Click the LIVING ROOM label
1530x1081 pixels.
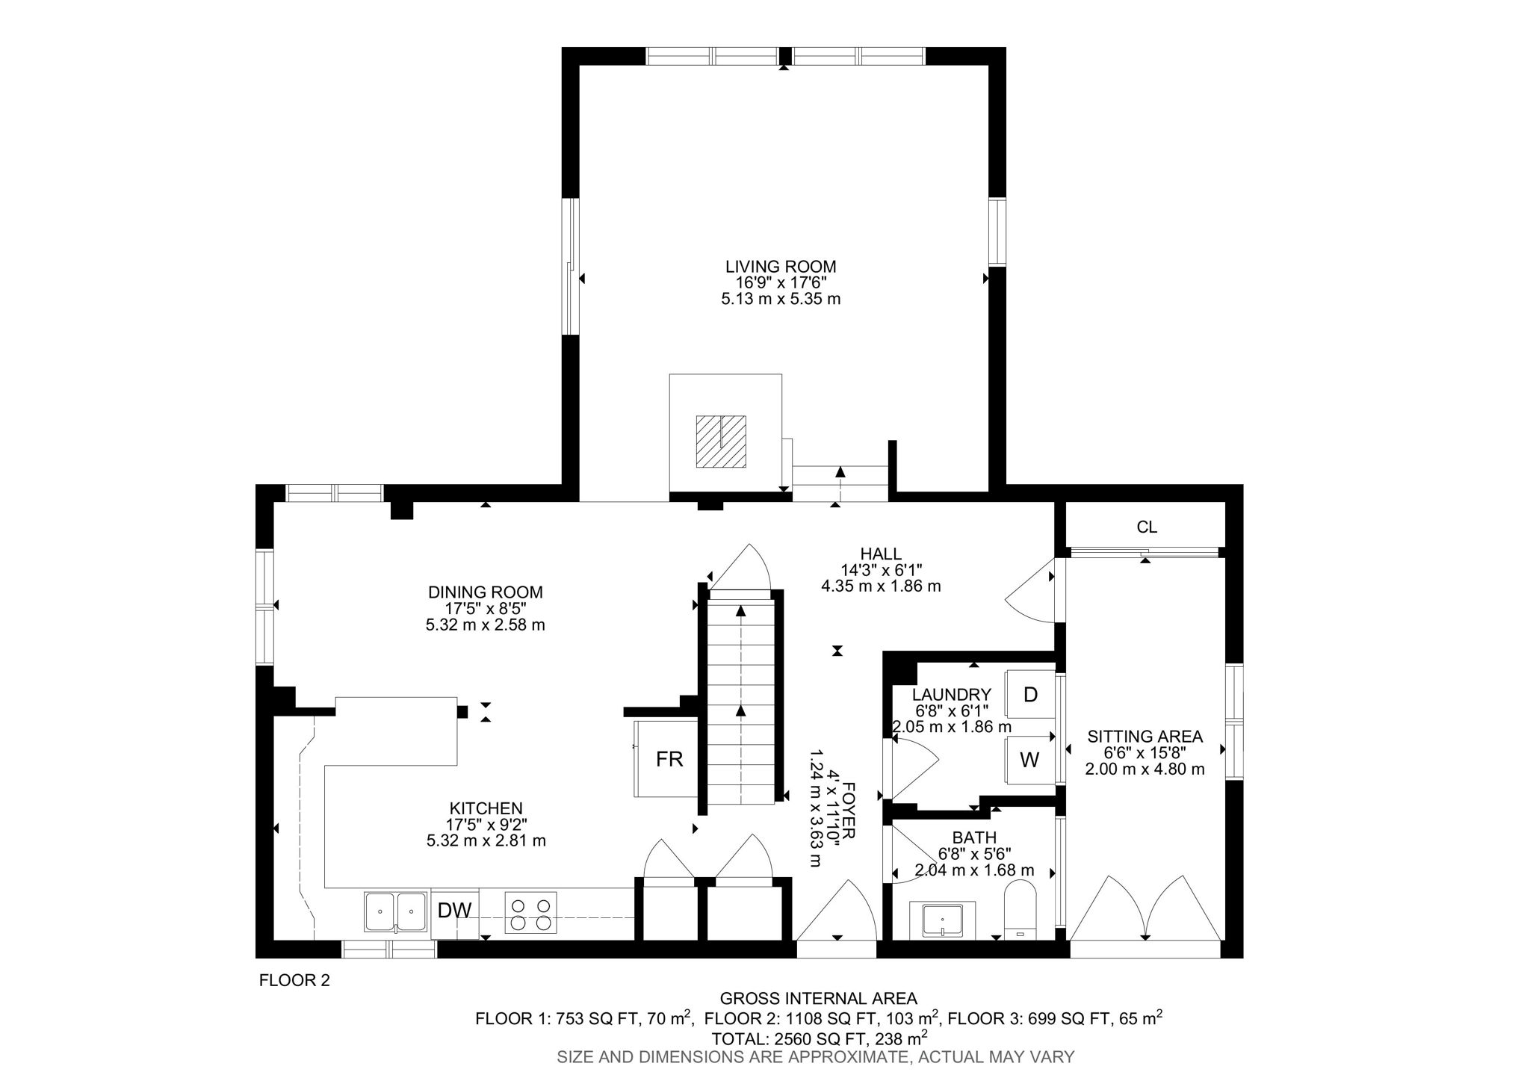coord(780,267)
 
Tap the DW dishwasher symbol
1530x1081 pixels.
coord(454,911)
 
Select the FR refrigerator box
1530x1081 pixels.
coord(669,760)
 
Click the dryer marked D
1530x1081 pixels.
coord(1030,695)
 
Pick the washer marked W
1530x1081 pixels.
coord(1029,761)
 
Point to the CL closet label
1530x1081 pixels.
coord(1147,527)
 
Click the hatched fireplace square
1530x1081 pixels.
coord(721,442)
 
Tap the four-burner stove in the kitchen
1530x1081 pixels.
coord(530,913)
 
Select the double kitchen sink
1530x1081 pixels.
coord(396,911)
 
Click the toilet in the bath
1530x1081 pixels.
coord(1019,910)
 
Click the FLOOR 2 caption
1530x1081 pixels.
coord(294,981)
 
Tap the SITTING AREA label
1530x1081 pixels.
coord(1145,737)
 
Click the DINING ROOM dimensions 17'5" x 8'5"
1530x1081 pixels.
coord(485,608)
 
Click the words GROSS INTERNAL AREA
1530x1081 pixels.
coord(818,998)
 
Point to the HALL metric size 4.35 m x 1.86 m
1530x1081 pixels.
coord(881,586)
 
